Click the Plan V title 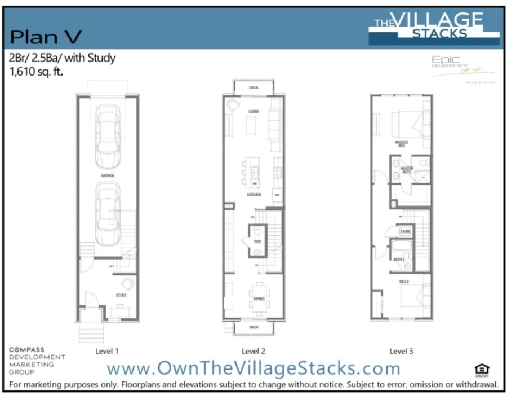pyautogui.click(x=46, y=37)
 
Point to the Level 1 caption pyautogui.click(x=106, y=351)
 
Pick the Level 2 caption pyautogui.click(x=253, y=351)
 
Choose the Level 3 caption pyautogui.click(x=401, y=351)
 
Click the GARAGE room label pyautogui.click(x=108, y=175)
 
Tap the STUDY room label pyautogui.click(x=121, y=295)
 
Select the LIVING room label pyautogui.click(x=253, y=112)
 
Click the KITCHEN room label pyautogui.click(x=253, y=194)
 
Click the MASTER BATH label pyautogui.click(x=407, y=169)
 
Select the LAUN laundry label pyautogui.click(x=404, y=231)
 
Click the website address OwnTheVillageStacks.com pyautogui.click(x=253, y=368)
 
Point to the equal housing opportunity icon pyautogui.click(x=483, y=370)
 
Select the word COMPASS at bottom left pyautogui.click(x=26, y=350)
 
